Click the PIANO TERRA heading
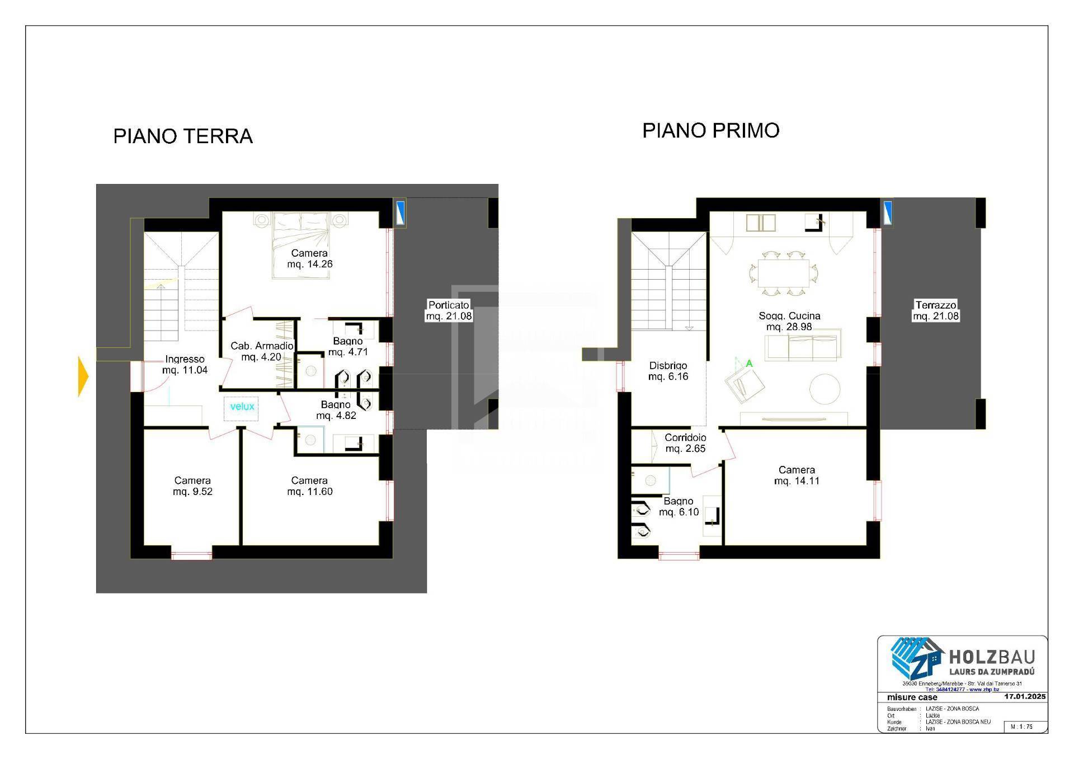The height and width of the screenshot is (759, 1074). (183, 136)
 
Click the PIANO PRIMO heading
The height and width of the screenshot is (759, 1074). (710, 130)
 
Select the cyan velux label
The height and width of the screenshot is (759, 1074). (242, 407)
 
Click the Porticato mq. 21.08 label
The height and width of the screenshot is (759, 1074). (449, 310)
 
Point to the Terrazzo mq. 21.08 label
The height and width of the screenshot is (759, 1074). (935, 310)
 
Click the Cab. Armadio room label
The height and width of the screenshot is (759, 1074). (262, 351)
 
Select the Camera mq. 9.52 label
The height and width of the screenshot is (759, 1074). (192, 486)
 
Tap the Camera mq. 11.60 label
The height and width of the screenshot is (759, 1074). (309, 486)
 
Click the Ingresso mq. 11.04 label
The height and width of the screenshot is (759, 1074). (185, 365)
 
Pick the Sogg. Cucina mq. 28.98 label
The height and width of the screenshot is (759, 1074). (789, 321)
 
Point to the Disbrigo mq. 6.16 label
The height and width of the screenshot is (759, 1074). (668, 371)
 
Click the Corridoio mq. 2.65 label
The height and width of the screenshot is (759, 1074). (685, 443)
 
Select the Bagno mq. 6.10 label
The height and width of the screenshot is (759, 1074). (679, 506)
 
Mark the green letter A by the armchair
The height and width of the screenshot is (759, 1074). (749, 364)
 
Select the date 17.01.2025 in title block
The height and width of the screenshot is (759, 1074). (1024, 696)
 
